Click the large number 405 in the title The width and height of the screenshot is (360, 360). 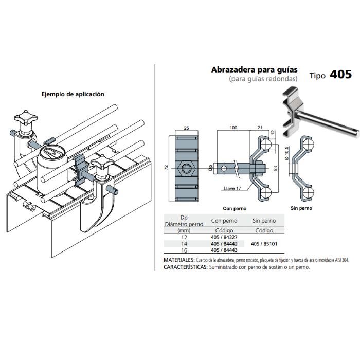[x=340, y=74]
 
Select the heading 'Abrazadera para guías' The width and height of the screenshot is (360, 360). [x=255, y=70]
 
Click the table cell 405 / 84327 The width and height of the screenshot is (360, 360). [x=224, y=237]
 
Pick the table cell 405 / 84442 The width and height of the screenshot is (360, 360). [x=224, y=244]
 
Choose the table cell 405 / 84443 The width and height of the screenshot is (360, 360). [x=224, y=250]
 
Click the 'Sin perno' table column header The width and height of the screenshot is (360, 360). [x=263, y=221]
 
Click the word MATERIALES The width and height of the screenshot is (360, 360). [x=179, y=260]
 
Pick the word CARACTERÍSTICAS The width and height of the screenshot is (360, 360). [x=185, y=267]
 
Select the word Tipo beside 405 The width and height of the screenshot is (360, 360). [x=317, y=76]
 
